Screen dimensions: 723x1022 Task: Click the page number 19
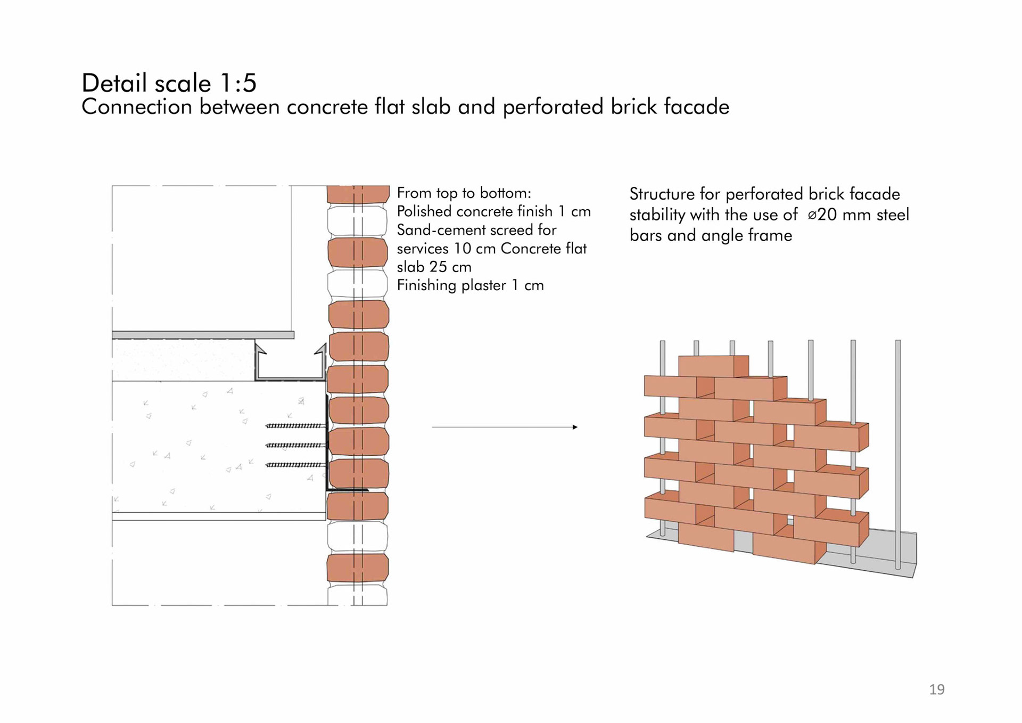937,689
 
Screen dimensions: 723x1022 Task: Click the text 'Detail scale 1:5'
169,83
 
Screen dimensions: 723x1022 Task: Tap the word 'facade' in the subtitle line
696,107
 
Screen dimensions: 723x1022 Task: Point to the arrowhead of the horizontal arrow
575,427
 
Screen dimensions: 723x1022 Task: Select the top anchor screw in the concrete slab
295,426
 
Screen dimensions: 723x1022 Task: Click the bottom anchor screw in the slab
295,465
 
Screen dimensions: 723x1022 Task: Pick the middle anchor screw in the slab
295,445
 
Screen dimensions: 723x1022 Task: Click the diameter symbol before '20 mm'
812,215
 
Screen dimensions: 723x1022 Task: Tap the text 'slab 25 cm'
434,267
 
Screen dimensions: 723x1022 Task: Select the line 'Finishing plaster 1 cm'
470,285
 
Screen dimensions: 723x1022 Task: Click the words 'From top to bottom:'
464,193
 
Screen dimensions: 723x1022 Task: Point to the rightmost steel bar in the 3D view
898,453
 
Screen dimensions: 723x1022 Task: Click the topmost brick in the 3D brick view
713,366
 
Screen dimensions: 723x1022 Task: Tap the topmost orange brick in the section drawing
358,194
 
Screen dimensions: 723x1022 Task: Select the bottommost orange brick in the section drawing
358,568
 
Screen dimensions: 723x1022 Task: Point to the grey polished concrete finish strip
203,335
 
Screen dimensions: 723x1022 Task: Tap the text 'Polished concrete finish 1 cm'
493,211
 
